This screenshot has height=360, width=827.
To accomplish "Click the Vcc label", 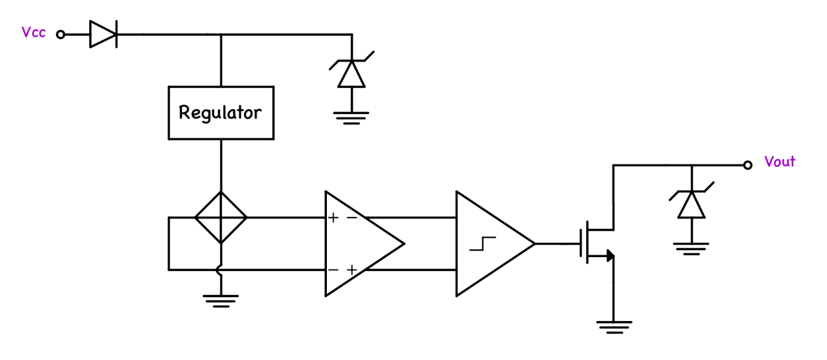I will pyautogui.click(x=33, y=33).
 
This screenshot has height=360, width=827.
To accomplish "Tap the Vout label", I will pyautogui.click(x=780, y=162).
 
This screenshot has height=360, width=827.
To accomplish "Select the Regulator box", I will pyautogui.click(x=221, y=113).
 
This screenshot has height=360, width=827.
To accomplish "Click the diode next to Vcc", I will pyautogui.click(x=103, y=34).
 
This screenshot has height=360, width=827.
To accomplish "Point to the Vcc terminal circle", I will pyautogui.click(x=61, y=34).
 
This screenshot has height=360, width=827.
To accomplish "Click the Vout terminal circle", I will pyautogui.click(x=747, y=165).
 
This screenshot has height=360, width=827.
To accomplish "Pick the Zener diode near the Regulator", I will pyautogui.click(x=351, y=73).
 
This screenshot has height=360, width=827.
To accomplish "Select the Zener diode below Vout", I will pyautogui.click(x=691, y=204).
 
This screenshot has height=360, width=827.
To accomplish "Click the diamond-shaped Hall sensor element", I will pyautogui.click(x=221, y=218).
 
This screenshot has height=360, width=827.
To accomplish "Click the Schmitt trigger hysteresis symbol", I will pyautogui.click(x=483, y=243).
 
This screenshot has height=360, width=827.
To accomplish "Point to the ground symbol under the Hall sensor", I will pyautogui.click(x=221, y=300).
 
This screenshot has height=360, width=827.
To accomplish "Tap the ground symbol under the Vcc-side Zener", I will pyautogui.click(x=351, y=117).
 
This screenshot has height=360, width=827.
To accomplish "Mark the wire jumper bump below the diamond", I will pyautogui.click(x=220, y=270).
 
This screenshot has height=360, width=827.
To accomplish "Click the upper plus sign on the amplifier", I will pyautogui.click(x=333, y=218).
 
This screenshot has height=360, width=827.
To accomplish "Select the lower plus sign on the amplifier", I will pyautogui.click(x=352, y=270).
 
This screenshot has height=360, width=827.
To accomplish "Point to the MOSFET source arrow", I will pyautogui.click(x=610, y=255).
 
